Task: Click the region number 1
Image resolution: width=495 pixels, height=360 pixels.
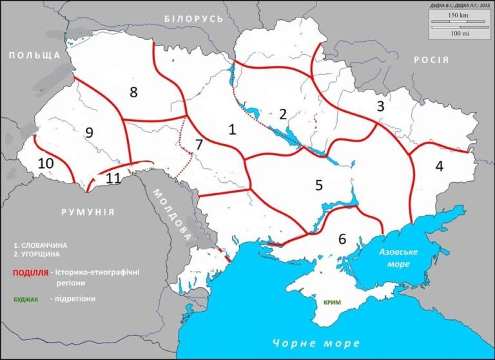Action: click(232, 129)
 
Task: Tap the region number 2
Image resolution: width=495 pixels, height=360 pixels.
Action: click(282, 115)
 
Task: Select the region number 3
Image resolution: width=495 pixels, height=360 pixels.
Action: click(380, 106)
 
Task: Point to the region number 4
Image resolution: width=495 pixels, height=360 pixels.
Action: click(440, 166)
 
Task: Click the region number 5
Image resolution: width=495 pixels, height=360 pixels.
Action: click(318, 185)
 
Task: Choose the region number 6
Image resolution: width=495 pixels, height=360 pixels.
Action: click(342, 238)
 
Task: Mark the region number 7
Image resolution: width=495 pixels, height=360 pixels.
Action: click(199, 145)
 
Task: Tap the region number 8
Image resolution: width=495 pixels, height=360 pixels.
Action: click(133, 92)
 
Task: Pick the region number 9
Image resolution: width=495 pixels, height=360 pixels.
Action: click(89, 133)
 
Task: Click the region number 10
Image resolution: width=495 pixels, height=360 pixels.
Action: click(45, 164)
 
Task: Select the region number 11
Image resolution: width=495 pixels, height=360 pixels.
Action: click(113, 178)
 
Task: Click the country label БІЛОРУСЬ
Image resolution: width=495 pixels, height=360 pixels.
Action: click(193, 19)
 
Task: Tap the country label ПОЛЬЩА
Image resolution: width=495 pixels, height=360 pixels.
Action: click(34, 56)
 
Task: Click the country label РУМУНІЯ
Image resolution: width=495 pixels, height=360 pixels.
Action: click(88, 212)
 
